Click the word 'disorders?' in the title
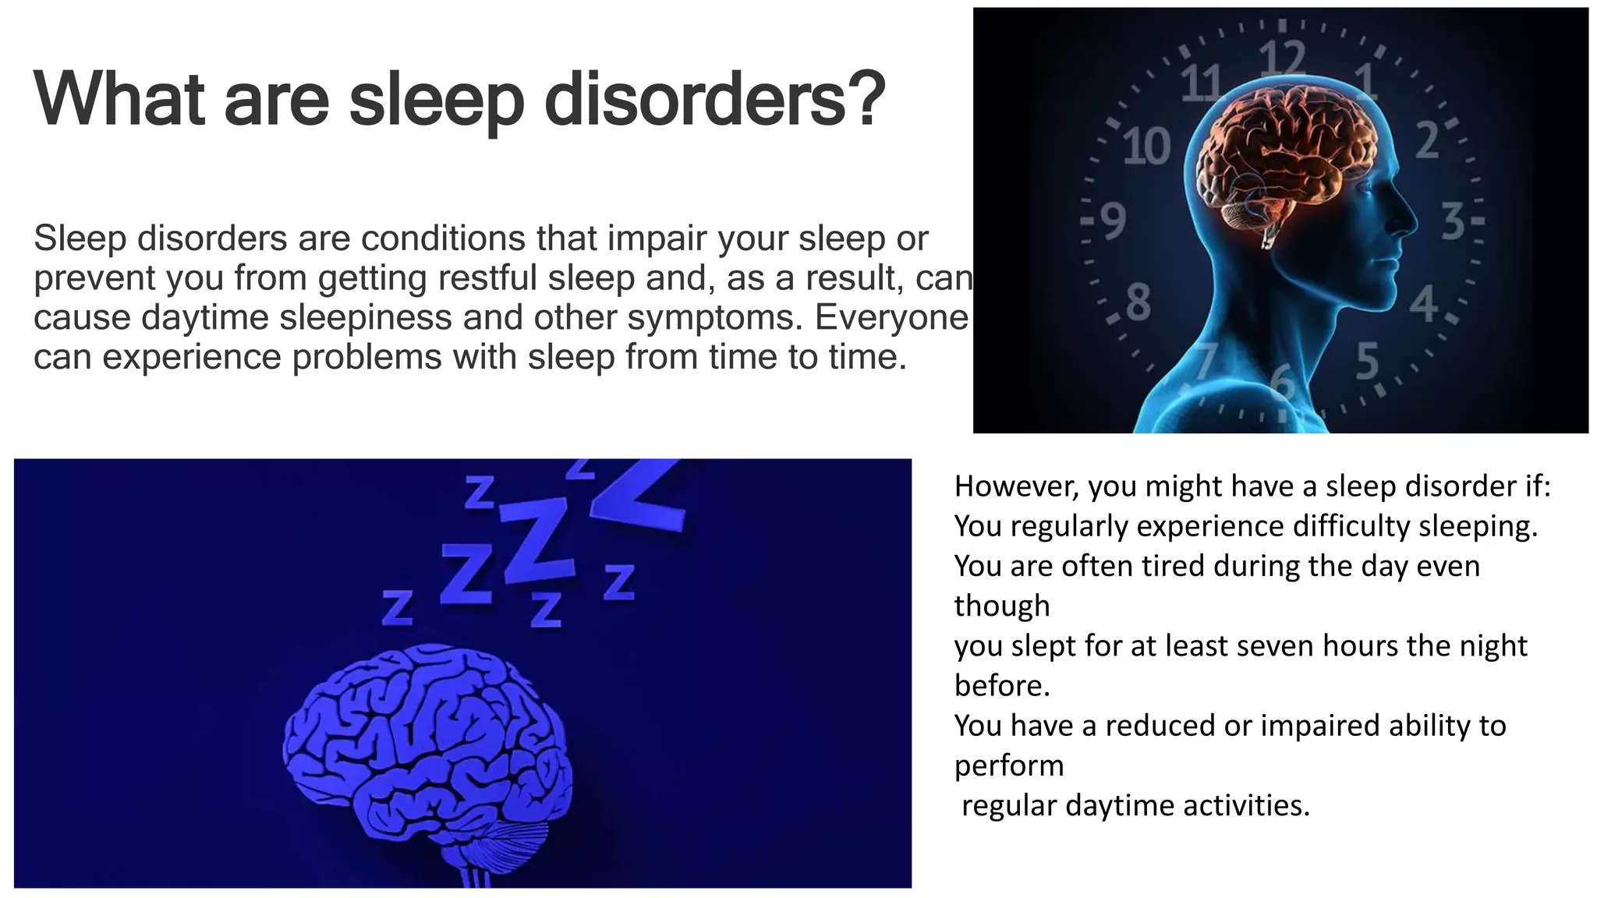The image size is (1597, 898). point(714,100)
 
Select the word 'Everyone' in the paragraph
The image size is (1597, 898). point(891,316)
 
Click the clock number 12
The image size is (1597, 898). point(1282,59)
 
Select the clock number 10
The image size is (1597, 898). point(1146,146)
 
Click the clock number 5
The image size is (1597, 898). point(1368,362)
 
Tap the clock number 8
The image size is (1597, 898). point(1138,302)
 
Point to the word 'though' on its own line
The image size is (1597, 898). point(1002,606)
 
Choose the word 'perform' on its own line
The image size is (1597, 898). point(1009,765)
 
